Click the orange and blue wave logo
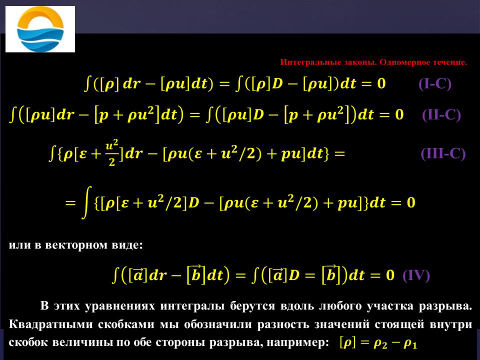40,29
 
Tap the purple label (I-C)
435,83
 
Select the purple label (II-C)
441,115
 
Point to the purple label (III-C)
443,153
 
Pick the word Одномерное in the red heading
404,62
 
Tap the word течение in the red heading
449,62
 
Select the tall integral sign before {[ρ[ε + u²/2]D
87,202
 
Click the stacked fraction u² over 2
111,153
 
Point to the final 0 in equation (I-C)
381,83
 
